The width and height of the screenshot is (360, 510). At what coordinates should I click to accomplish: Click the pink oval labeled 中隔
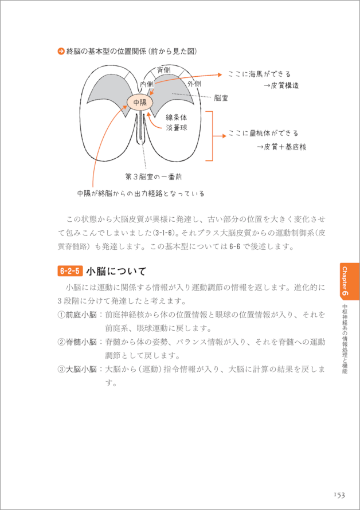(139, 103)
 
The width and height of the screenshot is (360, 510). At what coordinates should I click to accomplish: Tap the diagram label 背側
(163, 70)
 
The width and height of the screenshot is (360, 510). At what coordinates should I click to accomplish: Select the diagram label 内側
(147, 84)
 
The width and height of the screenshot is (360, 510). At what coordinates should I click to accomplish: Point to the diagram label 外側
(194, 84)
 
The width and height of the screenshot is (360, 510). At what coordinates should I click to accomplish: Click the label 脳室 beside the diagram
(221, 98)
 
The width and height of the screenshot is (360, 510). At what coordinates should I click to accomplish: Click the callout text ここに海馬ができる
(259, 74)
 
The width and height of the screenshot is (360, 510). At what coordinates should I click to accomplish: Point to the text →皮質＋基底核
(281, 147)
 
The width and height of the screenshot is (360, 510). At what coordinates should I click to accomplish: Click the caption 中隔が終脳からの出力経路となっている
(140, 193)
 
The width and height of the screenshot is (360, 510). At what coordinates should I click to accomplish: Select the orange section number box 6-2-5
(70, 271)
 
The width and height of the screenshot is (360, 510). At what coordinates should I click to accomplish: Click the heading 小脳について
(116, 271)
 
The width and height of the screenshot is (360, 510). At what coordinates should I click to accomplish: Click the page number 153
(338, 495)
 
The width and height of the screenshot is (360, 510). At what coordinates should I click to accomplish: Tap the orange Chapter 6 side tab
(348, 280)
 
